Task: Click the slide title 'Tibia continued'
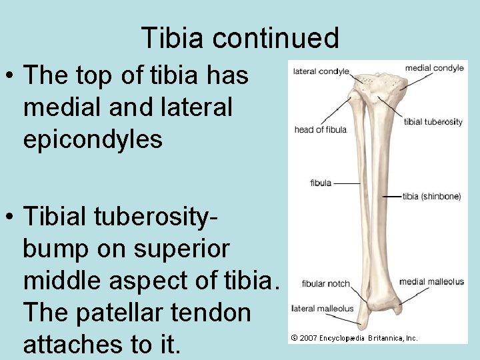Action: pos(240,38)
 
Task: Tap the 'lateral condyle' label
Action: pos(321,71)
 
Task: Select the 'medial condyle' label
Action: pos(434,68)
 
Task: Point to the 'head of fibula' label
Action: pos(321,129)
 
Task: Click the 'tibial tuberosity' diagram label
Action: pos(433,122)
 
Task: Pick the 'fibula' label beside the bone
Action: pos(321,183)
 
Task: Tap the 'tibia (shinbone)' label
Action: pos(432,197)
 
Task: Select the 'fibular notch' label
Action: pos(325,283)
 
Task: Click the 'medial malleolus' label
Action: pos(431,281)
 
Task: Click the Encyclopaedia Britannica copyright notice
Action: pos(355,338)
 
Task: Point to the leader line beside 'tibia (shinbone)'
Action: pos(393,197)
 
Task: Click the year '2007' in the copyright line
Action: pos(308,338)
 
